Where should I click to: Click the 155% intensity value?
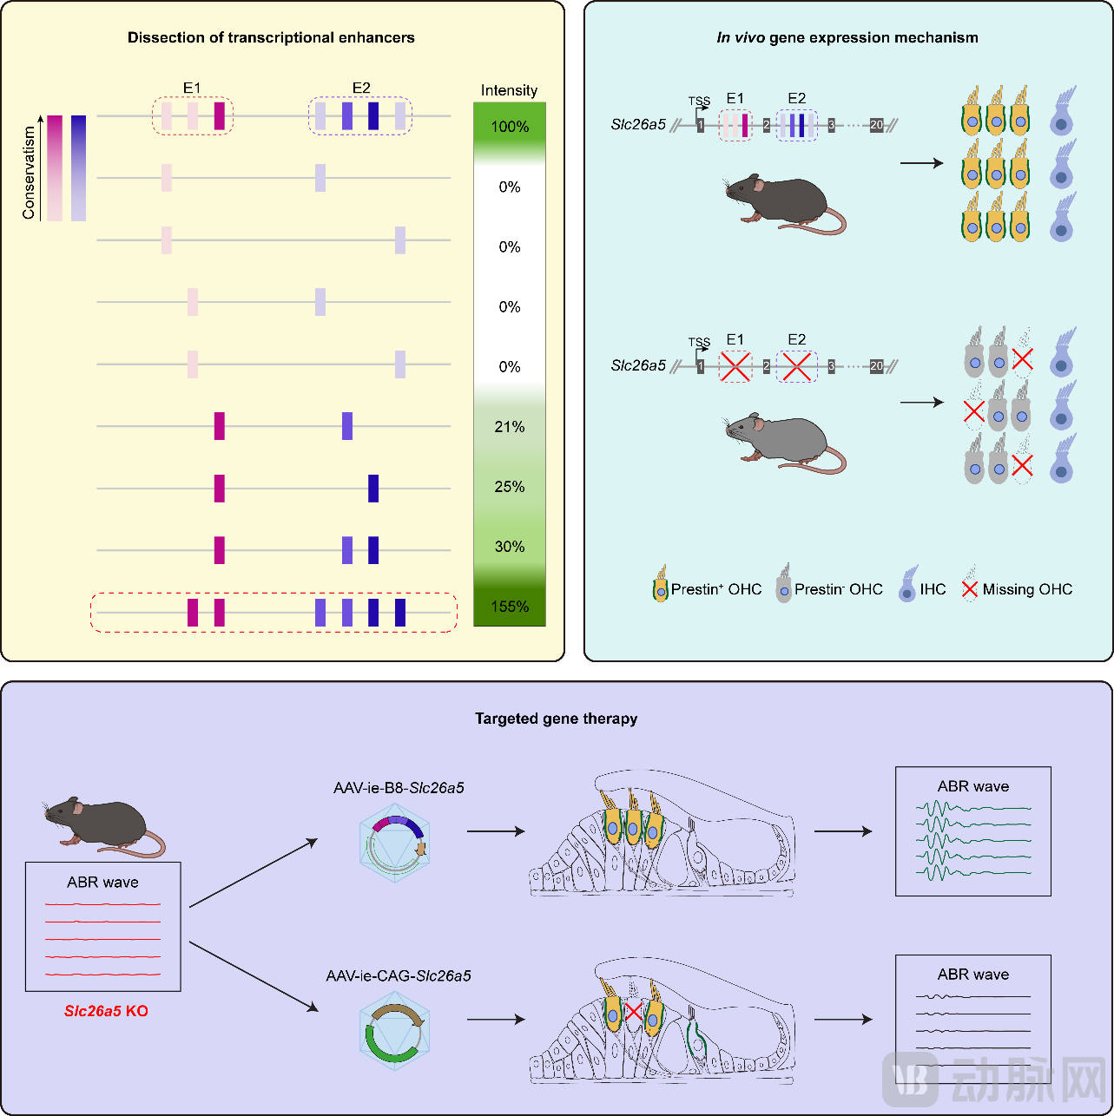click(510, 607)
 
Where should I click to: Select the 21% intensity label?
click(510, 427)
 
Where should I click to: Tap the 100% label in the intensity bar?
click(510, 127)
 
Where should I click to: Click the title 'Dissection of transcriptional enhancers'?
click(271, 37)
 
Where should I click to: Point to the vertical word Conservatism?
click(30, 173)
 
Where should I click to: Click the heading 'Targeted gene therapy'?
click(556, 719)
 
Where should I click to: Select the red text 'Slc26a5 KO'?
click(106, 1011)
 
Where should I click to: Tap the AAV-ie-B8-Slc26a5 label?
click(399, 788)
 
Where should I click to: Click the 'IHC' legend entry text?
click(933, 589)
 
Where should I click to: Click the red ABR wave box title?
click(102, 883)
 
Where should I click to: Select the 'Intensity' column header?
click(509, 90)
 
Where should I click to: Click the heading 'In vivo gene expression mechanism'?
click(847, 37)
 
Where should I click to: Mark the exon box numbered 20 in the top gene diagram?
click(876, 125)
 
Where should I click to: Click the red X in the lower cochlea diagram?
click(634, 1011)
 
